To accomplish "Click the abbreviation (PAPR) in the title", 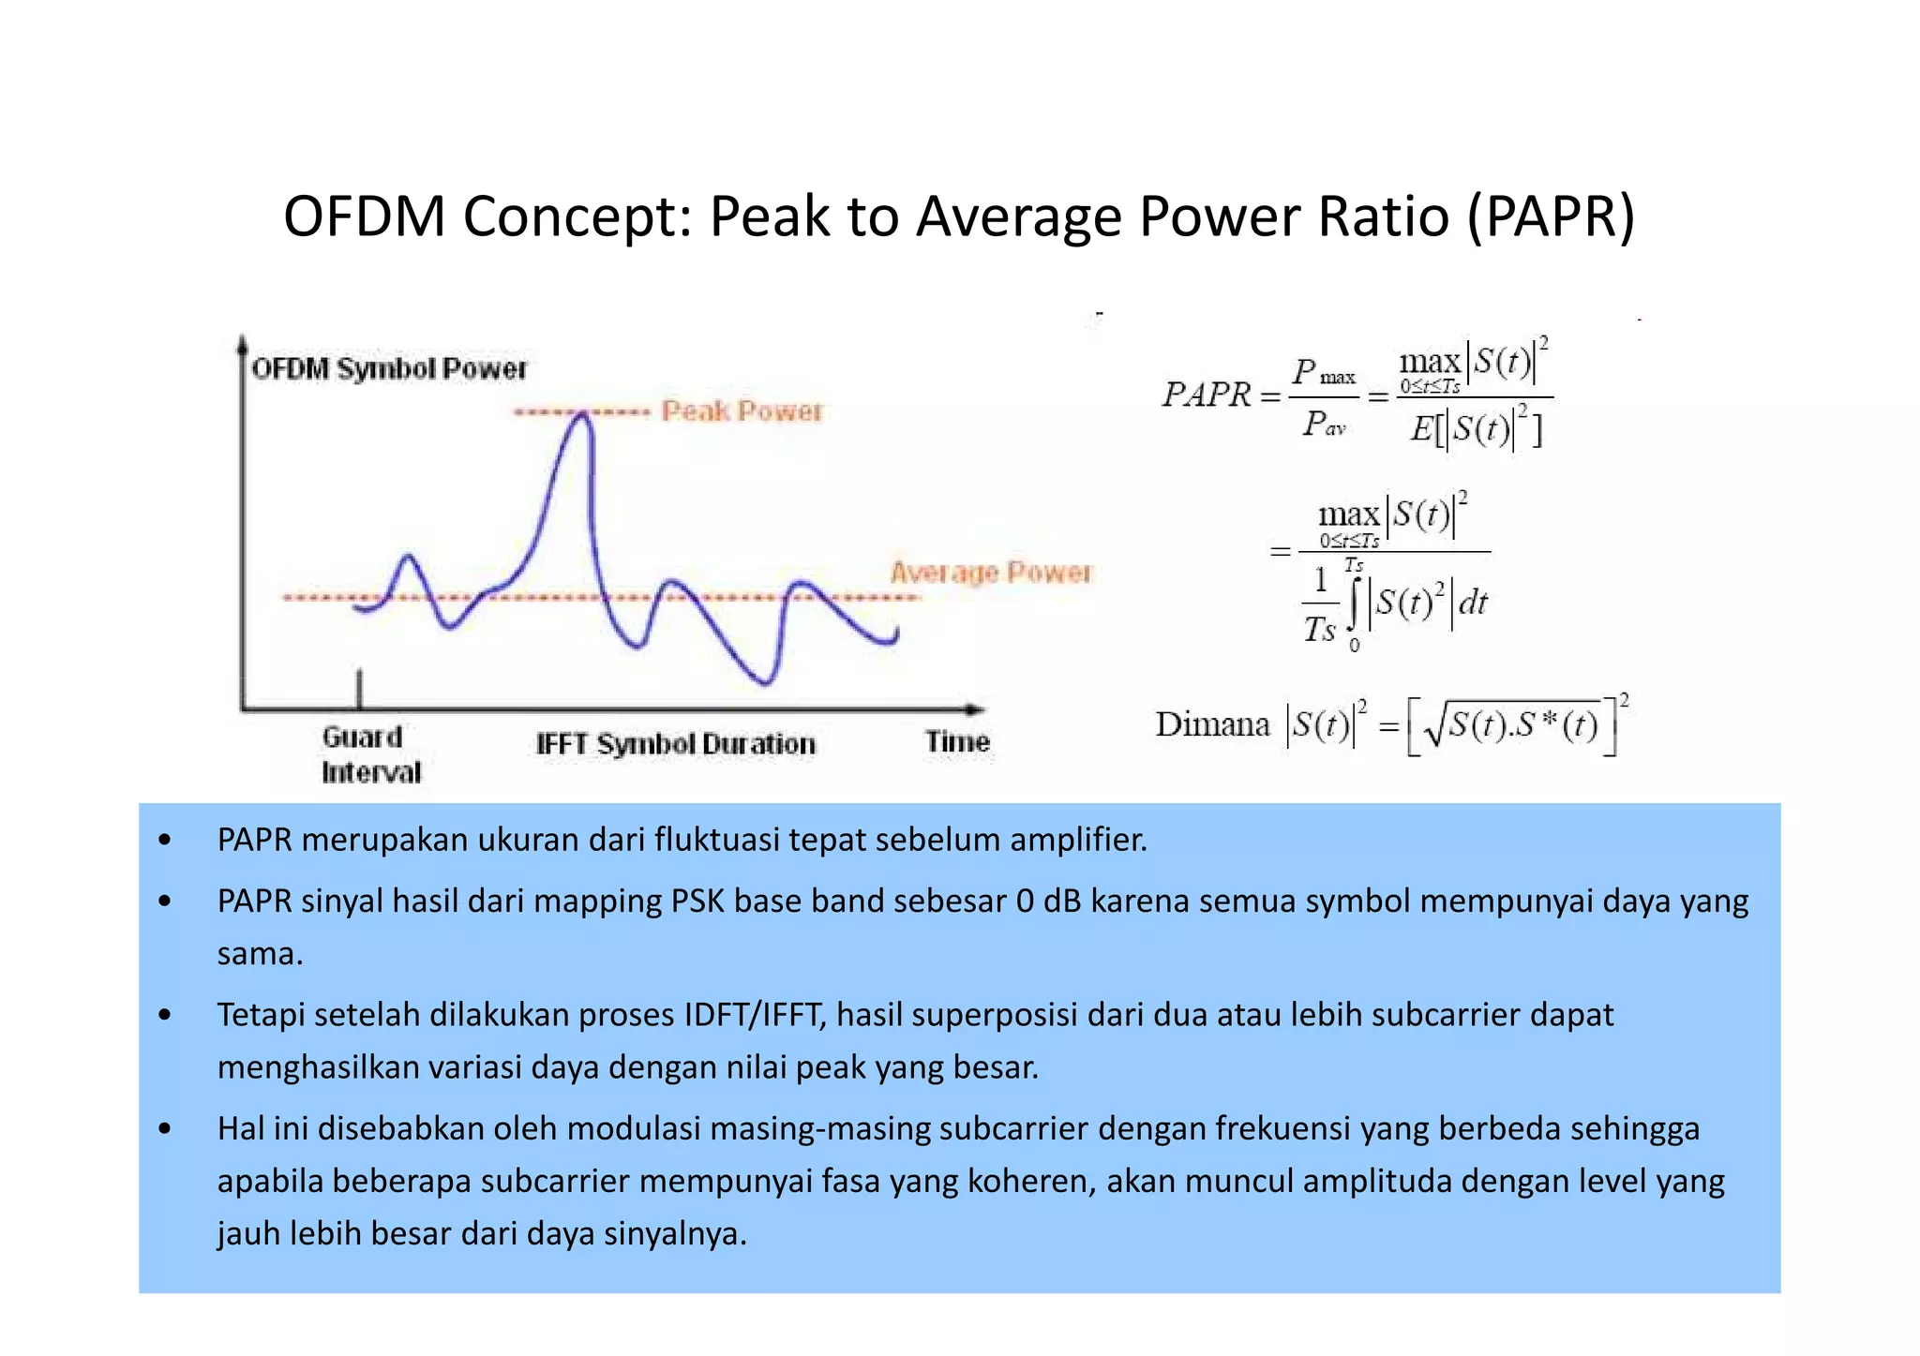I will [x=1551, y=217].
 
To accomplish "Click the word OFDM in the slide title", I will [x=364, y=217].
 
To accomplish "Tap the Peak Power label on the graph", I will [x=741, y=411].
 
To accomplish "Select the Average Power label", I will [x=991, y=573].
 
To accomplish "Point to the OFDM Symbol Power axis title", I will [x=389, y=368].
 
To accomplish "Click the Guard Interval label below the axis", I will [x=369, y=754].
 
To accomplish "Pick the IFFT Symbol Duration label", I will [x=675, y=744].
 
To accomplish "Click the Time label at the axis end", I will [x=957, y=741].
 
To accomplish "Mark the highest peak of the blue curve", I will [x=583, y=415].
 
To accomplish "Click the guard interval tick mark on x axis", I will [x=359, y=689].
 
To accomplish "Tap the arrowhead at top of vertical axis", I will [x=242, y=343].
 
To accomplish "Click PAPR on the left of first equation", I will [x=1207, y=395].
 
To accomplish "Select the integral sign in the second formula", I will [x=1353, y=603].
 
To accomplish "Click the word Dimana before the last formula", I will [x=1211, y=724].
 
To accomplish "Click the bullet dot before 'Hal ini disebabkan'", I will [x=165, y=1128].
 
